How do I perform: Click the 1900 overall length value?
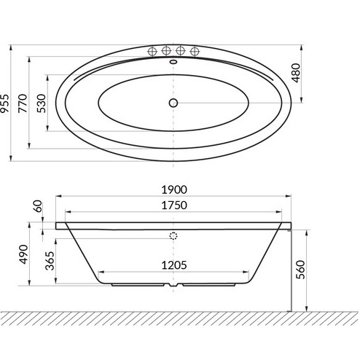click(174, 188)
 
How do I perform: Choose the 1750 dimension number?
click(174, 206)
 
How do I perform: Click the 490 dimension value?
click(23, 256)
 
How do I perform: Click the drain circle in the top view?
click(173, 102)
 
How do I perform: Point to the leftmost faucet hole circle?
click(152, 51)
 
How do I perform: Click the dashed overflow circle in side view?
click(173, 235)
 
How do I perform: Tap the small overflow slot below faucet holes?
click(173, 63)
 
